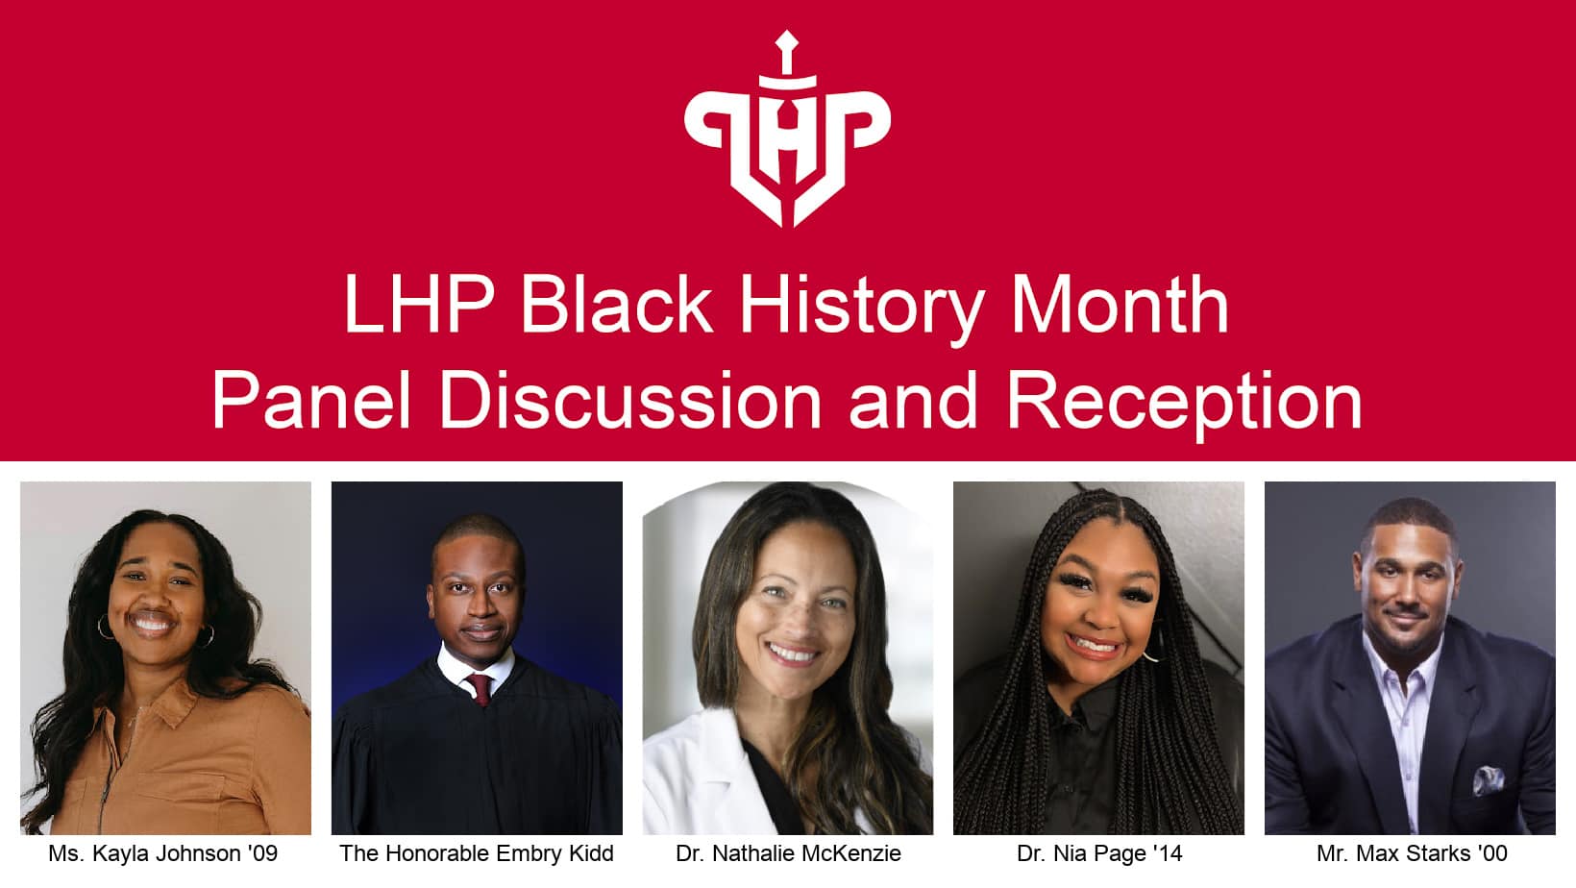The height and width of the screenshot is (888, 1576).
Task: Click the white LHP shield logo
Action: [x=787, y=135]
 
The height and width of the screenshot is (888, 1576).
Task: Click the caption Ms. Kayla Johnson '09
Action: [x=163, y=853]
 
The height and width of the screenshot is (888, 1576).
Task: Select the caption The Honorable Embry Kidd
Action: [x=477, y=853]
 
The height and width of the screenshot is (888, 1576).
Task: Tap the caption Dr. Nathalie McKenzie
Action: [x=788, y=853]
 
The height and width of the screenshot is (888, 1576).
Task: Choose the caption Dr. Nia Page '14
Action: [x=1099, y=853]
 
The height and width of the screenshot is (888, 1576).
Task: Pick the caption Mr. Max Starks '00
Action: [x=1412, y=853]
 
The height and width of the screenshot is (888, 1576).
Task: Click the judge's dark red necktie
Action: [x=479, y=688]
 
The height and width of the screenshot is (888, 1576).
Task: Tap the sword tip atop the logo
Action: [x=787, y=40]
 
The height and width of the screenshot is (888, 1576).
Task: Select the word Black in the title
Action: [x=616, y=306]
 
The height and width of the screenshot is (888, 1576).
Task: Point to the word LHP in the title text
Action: [x=418, y=306]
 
